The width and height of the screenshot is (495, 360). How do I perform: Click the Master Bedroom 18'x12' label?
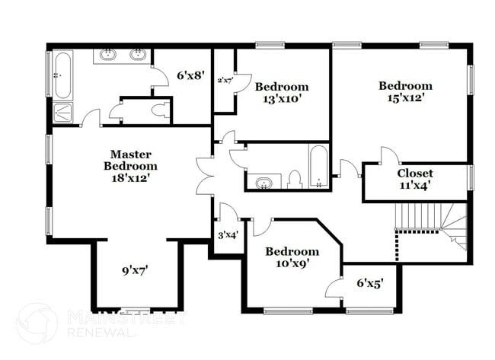[x=130, y=166]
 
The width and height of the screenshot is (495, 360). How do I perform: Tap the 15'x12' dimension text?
[x=405, y=97]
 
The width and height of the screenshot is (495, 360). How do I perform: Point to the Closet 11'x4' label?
[x=415, y=179]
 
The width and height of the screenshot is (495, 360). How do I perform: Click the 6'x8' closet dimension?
[x=191, y=75]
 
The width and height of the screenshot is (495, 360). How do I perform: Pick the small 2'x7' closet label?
[x=225, y=79]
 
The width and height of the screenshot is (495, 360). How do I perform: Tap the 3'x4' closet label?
[x=228, y=235]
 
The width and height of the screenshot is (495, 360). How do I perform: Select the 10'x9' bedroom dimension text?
[x=292, y=263]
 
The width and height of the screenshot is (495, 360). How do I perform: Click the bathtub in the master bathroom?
[x=62, y=76]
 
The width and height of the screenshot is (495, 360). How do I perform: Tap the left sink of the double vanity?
[x=109, y=55]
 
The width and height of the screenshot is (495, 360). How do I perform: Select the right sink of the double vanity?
[x=138, y=55]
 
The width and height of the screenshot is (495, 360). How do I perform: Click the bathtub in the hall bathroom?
[x=318, y=166]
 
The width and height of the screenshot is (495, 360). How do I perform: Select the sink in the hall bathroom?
[x=264, y=183]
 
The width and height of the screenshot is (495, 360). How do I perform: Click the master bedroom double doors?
[x=203, y=176]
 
